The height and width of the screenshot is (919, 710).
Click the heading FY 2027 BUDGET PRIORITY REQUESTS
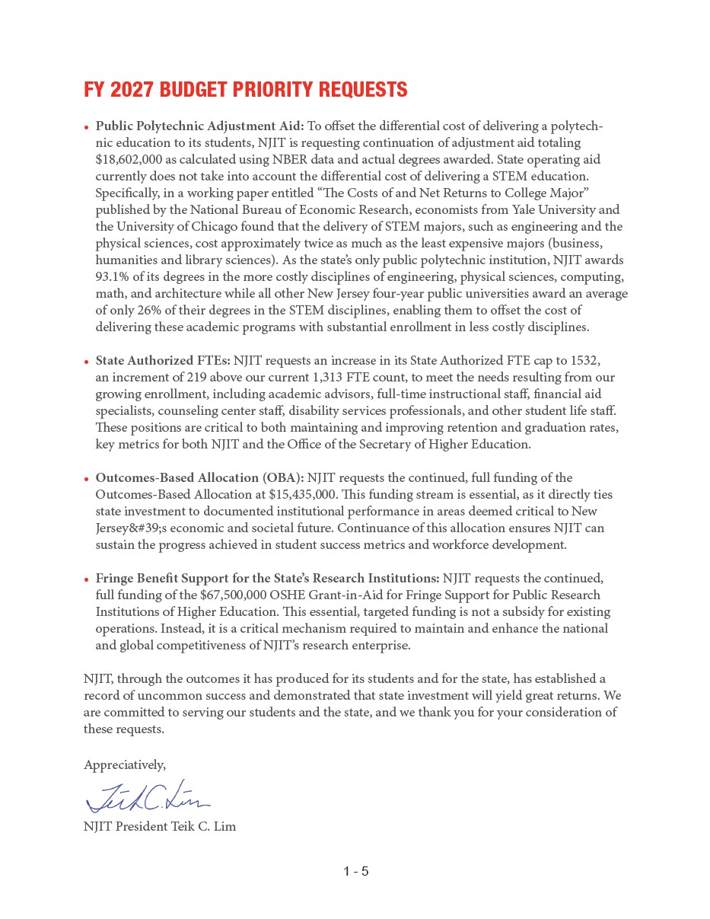click(245, 90)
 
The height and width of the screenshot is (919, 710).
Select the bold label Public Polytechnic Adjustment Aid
click(199, 126)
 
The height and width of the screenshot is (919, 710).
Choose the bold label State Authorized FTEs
click(163, 360)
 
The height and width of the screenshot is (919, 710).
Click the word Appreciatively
click(124, 764)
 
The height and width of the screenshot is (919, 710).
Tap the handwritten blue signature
click(148, 796)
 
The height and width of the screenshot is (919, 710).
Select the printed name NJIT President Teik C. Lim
click(160, 826)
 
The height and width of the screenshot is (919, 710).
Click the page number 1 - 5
click(355, 871)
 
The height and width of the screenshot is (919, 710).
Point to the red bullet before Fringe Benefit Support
click(87, 579)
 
